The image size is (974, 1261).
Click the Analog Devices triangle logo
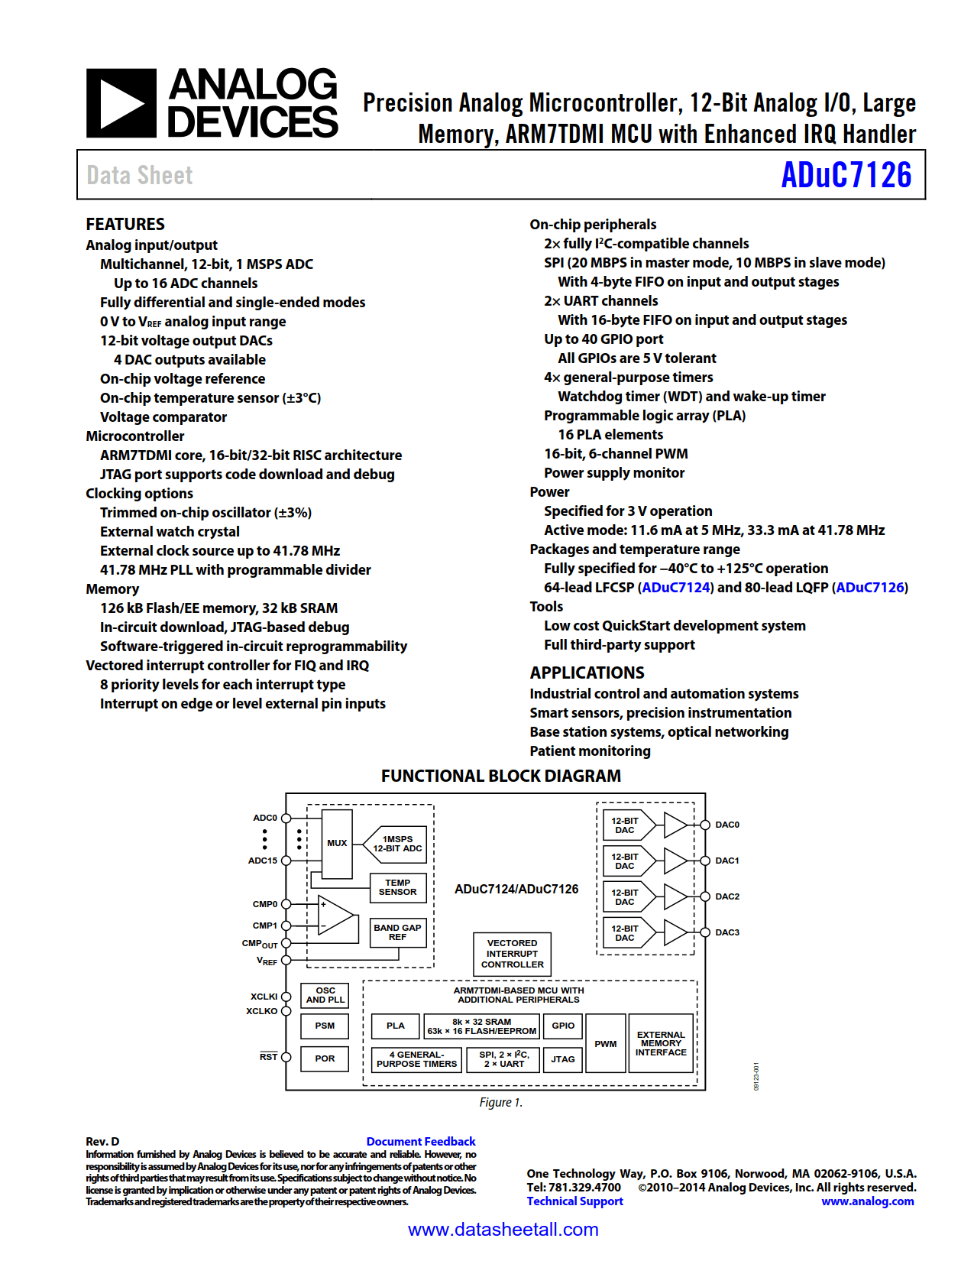[x=121, y=103]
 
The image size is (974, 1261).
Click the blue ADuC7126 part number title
[x=846, y=175]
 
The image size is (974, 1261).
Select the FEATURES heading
[x=125, y=224]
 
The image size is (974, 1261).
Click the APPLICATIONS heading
[x=587, y=673]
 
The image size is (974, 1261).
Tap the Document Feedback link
[x=420, y=1141]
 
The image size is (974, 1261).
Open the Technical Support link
[x=574, y=1201]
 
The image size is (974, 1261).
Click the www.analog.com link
[x=867, y=1201]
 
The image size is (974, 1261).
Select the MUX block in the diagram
[x=337, y=843]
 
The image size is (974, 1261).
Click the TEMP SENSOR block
[x=397, y=887]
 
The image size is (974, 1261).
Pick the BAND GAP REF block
[x=397, y=932]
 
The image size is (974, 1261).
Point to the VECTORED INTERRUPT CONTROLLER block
[x=512, y=954]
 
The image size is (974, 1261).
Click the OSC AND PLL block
[x=325, y=995]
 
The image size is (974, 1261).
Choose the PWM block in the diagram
[x=605, y=1044]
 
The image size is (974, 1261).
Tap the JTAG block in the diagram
[x=563, y=1059]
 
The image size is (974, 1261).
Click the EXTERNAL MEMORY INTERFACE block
[x=661, y=1044]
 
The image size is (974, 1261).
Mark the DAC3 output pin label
[x=726, y=932]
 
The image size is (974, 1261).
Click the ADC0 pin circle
[x=286, y=818]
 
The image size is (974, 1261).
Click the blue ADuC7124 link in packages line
[x=676, y=588]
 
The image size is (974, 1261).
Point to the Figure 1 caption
[x=500, y=1102]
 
